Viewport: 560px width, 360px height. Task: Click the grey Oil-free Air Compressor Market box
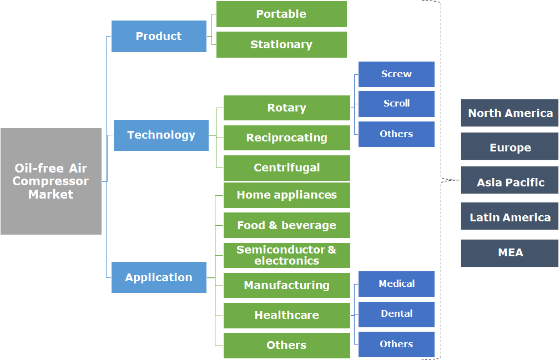click(51, 181)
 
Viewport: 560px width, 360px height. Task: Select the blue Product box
click(159, 37)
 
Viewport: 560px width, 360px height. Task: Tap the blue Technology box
click(161, 135)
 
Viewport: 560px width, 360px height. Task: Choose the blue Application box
click(159, 277)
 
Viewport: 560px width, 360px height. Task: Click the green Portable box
click(281, 14)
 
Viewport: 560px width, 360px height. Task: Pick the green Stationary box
click(281, 45)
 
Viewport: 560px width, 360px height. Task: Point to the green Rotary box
click(286, 108)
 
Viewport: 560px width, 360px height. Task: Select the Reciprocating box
click(286, 138)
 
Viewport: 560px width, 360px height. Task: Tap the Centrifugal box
click(286, 168)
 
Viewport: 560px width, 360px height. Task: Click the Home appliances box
click(286, 195)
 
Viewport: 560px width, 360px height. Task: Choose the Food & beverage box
click(286, 225)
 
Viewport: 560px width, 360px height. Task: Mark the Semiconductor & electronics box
click(286, 255)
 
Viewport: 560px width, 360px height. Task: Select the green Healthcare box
click(286, 315)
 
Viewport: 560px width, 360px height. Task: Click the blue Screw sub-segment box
click(396, 74)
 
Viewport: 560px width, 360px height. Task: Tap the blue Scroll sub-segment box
click(396, 104)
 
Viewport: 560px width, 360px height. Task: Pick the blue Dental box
click(396, 314)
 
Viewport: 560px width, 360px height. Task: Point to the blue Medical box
click(396, 284)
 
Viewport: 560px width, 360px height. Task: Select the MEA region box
click(509, 253)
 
